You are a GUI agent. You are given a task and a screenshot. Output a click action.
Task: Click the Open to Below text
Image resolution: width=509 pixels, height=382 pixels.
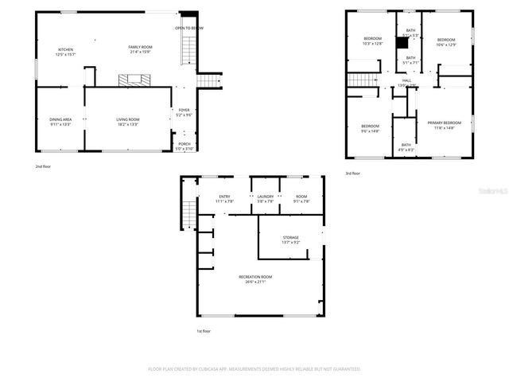click(x=189, y=28)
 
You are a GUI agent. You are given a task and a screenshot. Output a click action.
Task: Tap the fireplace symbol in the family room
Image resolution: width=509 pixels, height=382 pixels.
click(x=132, y=80)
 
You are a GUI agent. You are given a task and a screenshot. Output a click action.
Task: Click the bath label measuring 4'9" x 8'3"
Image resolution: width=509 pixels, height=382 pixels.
click(x=406, y=146)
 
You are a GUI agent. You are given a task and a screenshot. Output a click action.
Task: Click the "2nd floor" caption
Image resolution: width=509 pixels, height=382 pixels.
click(x=42, y=166)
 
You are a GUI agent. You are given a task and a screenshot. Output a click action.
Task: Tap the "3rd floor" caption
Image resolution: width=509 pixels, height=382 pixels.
click(x=352, y=173)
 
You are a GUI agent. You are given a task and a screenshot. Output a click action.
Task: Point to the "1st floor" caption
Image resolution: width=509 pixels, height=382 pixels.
click(x=204, y=331)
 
